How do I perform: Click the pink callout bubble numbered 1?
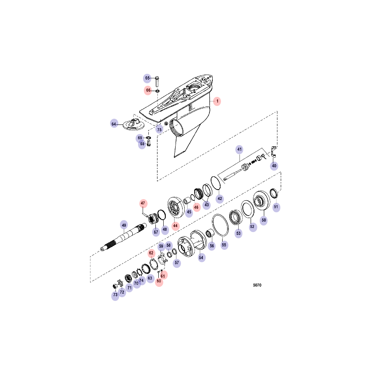[x=217, y=101]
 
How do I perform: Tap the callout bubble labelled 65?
[x=147, y=78]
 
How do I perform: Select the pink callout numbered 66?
[x=148, y=90]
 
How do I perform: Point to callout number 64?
[x=114, y=124]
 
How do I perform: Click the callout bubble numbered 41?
[x=240, y=149]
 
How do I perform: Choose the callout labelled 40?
[x=274, y=166]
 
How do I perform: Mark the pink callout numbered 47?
[x=143, y=203]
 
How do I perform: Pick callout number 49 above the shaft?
[x=124, y=225]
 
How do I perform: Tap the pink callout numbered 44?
[x=175, y=226]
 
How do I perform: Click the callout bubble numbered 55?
[x=224, y=245]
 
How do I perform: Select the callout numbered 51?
[x=276, y=207]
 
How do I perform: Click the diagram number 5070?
[x=257, y=285]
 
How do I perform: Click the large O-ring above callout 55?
[x=220, y=225]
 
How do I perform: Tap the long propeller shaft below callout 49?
[x=123, y=237]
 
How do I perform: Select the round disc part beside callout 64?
[x=134, y=125]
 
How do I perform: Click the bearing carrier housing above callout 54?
[x=192, y=244]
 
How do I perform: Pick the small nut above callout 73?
[x=115, y=286]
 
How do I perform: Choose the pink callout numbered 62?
[x=151, y=253]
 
